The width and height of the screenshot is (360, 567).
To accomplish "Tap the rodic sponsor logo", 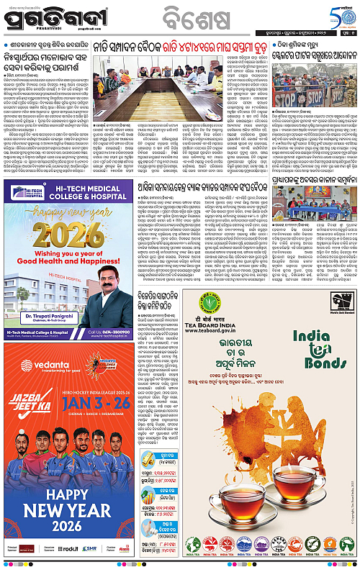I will point(70,548).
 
